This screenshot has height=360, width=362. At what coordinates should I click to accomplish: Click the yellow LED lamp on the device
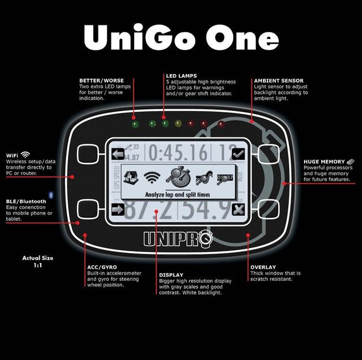point(178,124)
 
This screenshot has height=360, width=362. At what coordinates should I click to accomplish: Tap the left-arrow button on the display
point(118,154)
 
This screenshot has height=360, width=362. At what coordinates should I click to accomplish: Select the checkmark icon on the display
point(238,154)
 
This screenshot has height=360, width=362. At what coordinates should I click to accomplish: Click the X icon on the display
point(238,209)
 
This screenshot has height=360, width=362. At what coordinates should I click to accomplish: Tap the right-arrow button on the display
point(118,209)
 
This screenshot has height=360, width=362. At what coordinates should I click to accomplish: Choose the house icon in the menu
point(131,178)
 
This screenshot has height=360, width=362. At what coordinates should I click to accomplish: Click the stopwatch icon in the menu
point(178,177)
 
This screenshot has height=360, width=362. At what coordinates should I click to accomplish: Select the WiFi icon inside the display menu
point(152,178)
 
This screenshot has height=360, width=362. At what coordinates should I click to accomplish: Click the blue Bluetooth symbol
point(51,195)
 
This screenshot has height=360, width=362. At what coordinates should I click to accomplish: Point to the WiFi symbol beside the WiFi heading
point(25,155)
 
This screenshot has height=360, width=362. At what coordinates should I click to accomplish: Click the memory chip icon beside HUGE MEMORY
point(351,161)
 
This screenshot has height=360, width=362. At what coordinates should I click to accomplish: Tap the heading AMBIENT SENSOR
point(279,81)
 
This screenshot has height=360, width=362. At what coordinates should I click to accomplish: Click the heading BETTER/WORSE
point(102,80)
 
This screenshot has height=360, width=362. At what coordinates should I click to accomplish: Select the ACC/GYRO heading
point(102,267)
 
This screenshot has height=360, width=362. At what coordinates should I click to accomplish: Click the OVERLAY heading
point(263,267)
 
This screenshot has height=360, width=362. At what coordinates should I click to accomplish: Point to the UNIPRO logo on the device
point(178,239)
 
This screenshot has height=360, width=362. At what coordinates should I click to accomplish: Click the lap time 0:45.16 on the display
point(178,152)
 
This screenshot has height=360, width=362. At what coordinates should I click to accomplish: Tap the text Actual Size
point(38,258)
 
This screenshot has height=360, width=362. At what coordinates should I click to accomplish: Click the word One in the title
point(242,38)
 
